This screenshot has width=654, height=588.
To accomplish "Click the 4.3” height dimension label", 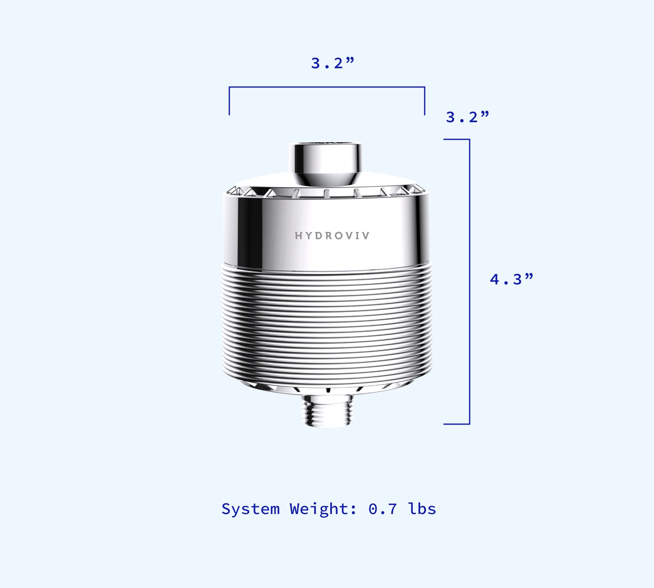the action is [x=511, y=279].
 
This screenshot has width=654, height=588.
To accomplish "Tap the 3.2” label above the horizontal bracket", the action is [x=332, y=63].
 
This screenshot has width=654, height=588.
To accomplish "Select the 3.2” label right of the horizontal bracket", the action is [x=467, y=117].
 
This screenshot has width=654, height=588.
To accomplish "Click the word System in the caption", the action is [x=251, y=509].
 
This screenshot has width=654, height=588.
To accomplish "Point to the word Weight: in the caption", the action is [x=323, y=509].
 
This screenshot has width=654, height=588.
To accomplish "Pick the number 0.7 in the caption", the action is [x=383, y=509].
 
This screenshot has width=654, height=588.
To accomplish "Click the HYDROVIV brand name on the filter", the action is [x=332, y=236].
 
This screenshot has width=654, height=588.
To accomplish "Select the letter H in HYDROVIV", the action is [x=298, y=236].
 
